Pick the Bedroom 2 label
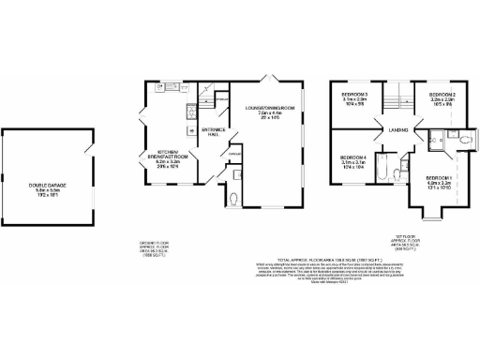pyautogui.click(x=442, y=97)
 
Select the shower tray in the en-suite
pyautogui.click(x=434, y=141)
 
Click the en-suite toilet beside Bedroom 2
pyautogui.click(x=464, y=141)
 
